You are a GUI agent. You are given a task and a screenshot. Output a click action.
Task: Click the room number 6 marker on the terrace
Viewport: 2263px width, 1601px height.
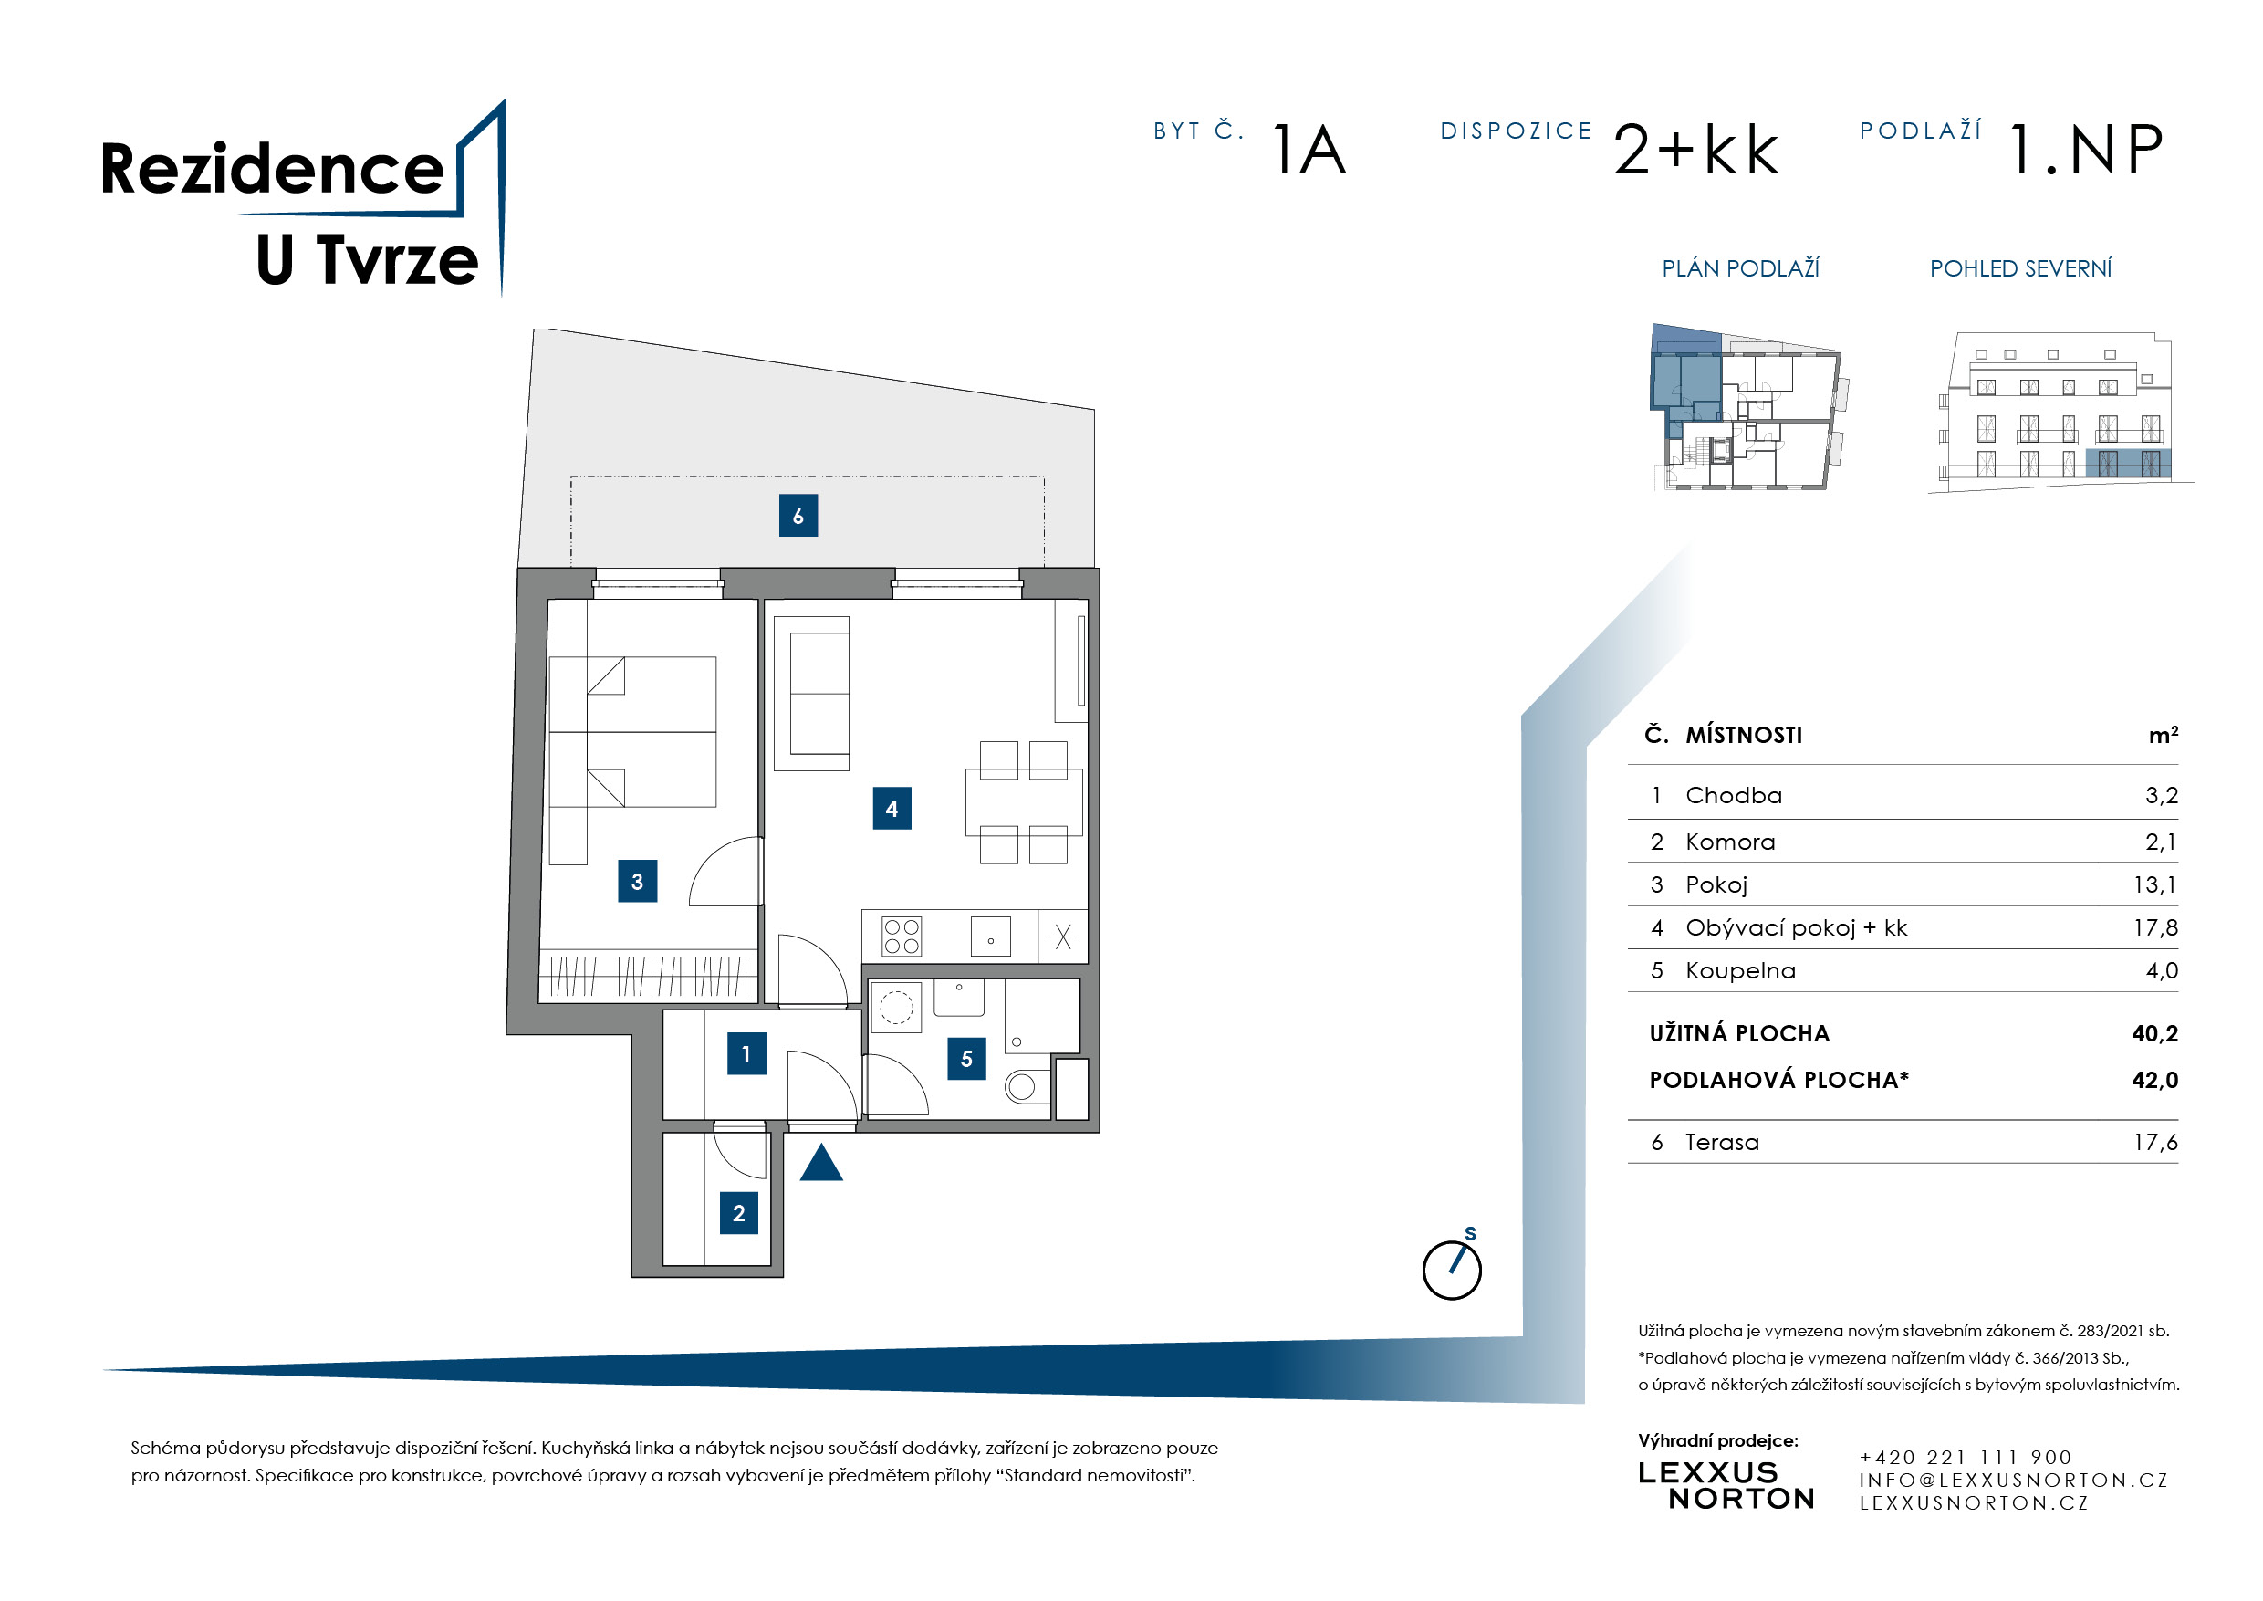click(798, 516)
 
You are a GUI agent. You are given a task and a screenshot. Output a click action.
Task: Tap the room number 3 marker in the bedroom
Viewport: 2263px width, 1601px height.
click(637, 882)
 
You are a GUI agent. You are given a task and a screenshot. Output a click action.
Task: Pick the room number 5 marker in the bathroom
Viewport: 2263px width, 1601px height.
click(966, 1059)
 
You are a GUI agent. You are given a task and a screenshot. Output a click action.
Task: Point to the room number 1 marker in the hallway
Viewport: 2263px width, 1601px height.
click(746, 1054)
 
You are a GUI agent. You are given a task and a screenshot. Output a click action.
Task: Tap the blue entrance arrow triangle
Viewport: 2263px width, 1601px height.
click(821, 1162)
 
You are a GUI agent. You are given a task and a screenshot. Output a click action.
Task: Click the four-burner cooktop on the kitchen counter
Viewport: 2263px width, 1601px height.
click(902, 937)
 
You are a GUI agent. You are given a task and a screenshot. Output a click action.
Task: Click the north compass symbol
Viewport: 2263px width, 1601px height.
click(1452, 1268)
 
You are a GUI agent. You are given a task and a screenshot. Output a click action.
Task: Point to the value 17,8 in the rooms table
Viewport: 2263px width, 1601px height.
click(2155, 927)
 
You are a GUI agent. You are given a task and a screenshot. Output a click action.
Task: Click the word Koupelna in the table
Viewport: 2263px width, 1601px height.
click(1741, 971)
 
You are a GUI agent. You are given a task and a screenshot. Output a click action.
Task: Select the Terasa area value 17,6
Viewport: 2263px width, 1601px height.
click(2155, 1143)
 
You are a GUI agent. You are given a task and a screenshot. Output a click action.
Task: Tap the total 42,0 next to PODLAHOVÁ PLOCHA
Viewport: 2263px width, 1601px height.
click(2154, 1081)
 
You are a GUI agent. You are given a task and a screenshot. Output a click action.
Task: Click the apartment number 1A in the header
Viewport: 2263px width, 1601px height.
click(1309, 150)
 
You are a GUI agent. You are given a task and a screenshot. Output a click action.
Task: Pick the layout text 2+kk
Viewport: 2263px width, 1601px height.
click(1696, 150)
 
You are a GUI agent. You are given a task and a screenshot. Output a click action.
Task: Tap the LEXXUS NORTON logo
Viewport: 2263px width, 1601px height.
click(1726, 1486)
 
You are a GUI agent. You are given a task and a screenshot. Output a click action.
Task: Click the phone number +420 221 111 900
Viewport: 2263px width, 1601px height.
click(1966, 1457)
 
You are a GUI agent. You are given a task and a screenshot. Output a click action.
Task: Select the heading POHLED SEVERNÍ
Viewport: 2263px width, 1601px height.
click(2020, 268)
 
